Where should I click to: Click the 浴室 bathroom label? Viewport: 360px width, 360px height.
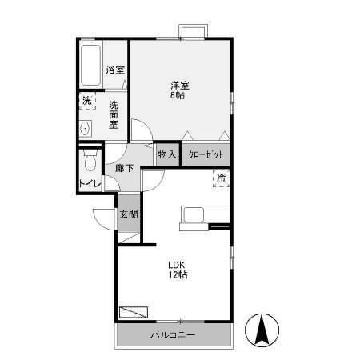tap(115, 70)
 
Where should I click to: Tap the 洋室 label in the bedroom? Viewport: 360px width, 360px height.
tap(178, 84)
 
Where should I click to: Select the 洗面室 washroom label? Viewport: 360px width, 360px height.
tap(114, 114)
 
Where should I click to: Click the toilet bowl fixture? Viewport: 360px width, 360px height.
tap(90, 162)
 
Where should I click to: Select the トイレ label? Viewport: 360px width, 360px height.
tap(90, 185)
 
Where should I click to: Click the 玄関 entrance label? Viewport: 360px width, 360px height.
tap(129, 214)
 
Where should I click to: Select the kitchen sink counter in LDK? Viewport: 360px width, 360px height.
tap(195, 214)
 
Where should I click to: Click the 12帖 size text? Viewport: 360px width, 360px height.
tap(178, 275)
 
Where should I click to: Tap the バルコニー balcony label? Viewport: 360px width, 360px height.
tap(173, 334)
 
